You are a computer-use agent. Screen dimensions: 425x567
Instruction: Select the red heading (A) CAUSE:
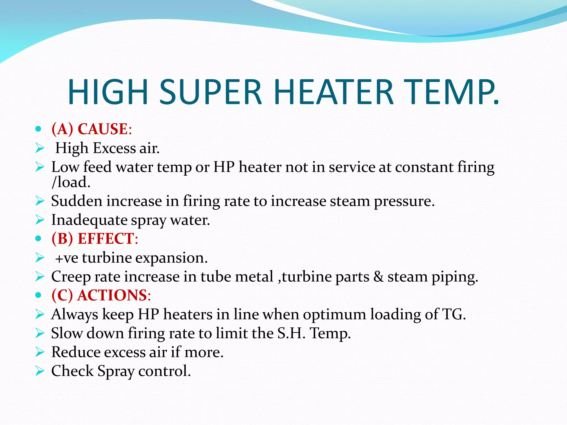coord(92,129)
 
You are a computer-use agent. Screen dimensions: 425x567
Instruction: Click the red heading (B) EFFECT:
coord(95,239)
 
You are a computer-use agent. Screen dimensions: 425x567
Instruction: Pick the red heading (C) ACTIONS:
coord(101,295)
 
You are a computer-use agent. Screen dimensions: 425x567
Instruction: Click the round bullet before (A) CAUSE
coord(38,129)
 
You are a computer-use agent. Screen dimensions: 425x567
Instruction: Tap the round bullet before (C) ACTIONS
coord(38,295)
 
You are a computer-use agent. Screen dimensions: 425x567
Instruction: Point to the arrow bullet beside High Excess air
coord(40,148)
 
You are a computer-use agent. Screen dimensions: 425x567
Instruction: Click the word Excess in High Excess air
coord(114,148)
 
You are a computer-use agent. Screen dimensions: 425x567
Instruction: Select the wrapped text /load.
coord(71,182)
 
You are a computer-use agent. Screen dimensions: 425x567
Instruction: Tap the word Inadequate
coord(89,220)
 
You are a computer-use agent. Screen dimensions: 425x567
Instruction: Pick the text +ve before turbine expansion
coord(66,258)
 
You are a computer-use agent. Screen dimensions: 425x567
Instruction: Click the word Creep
coord(71,277)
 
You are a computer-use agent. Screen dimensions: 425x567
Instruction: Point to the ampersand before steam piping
coord(378,277)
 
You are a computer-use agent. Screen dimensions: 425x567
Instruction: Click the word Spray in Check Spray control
coord(116,371)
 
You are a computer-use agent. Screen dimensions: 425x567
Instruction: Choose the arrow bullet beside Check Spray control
coord(40,371)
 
